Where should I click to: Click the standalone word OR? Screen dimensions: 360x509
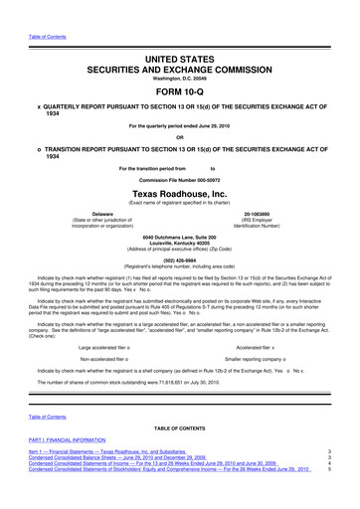click(179, 137)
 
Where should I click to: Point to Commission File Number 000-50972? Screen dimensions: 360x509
click(179, 177)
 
